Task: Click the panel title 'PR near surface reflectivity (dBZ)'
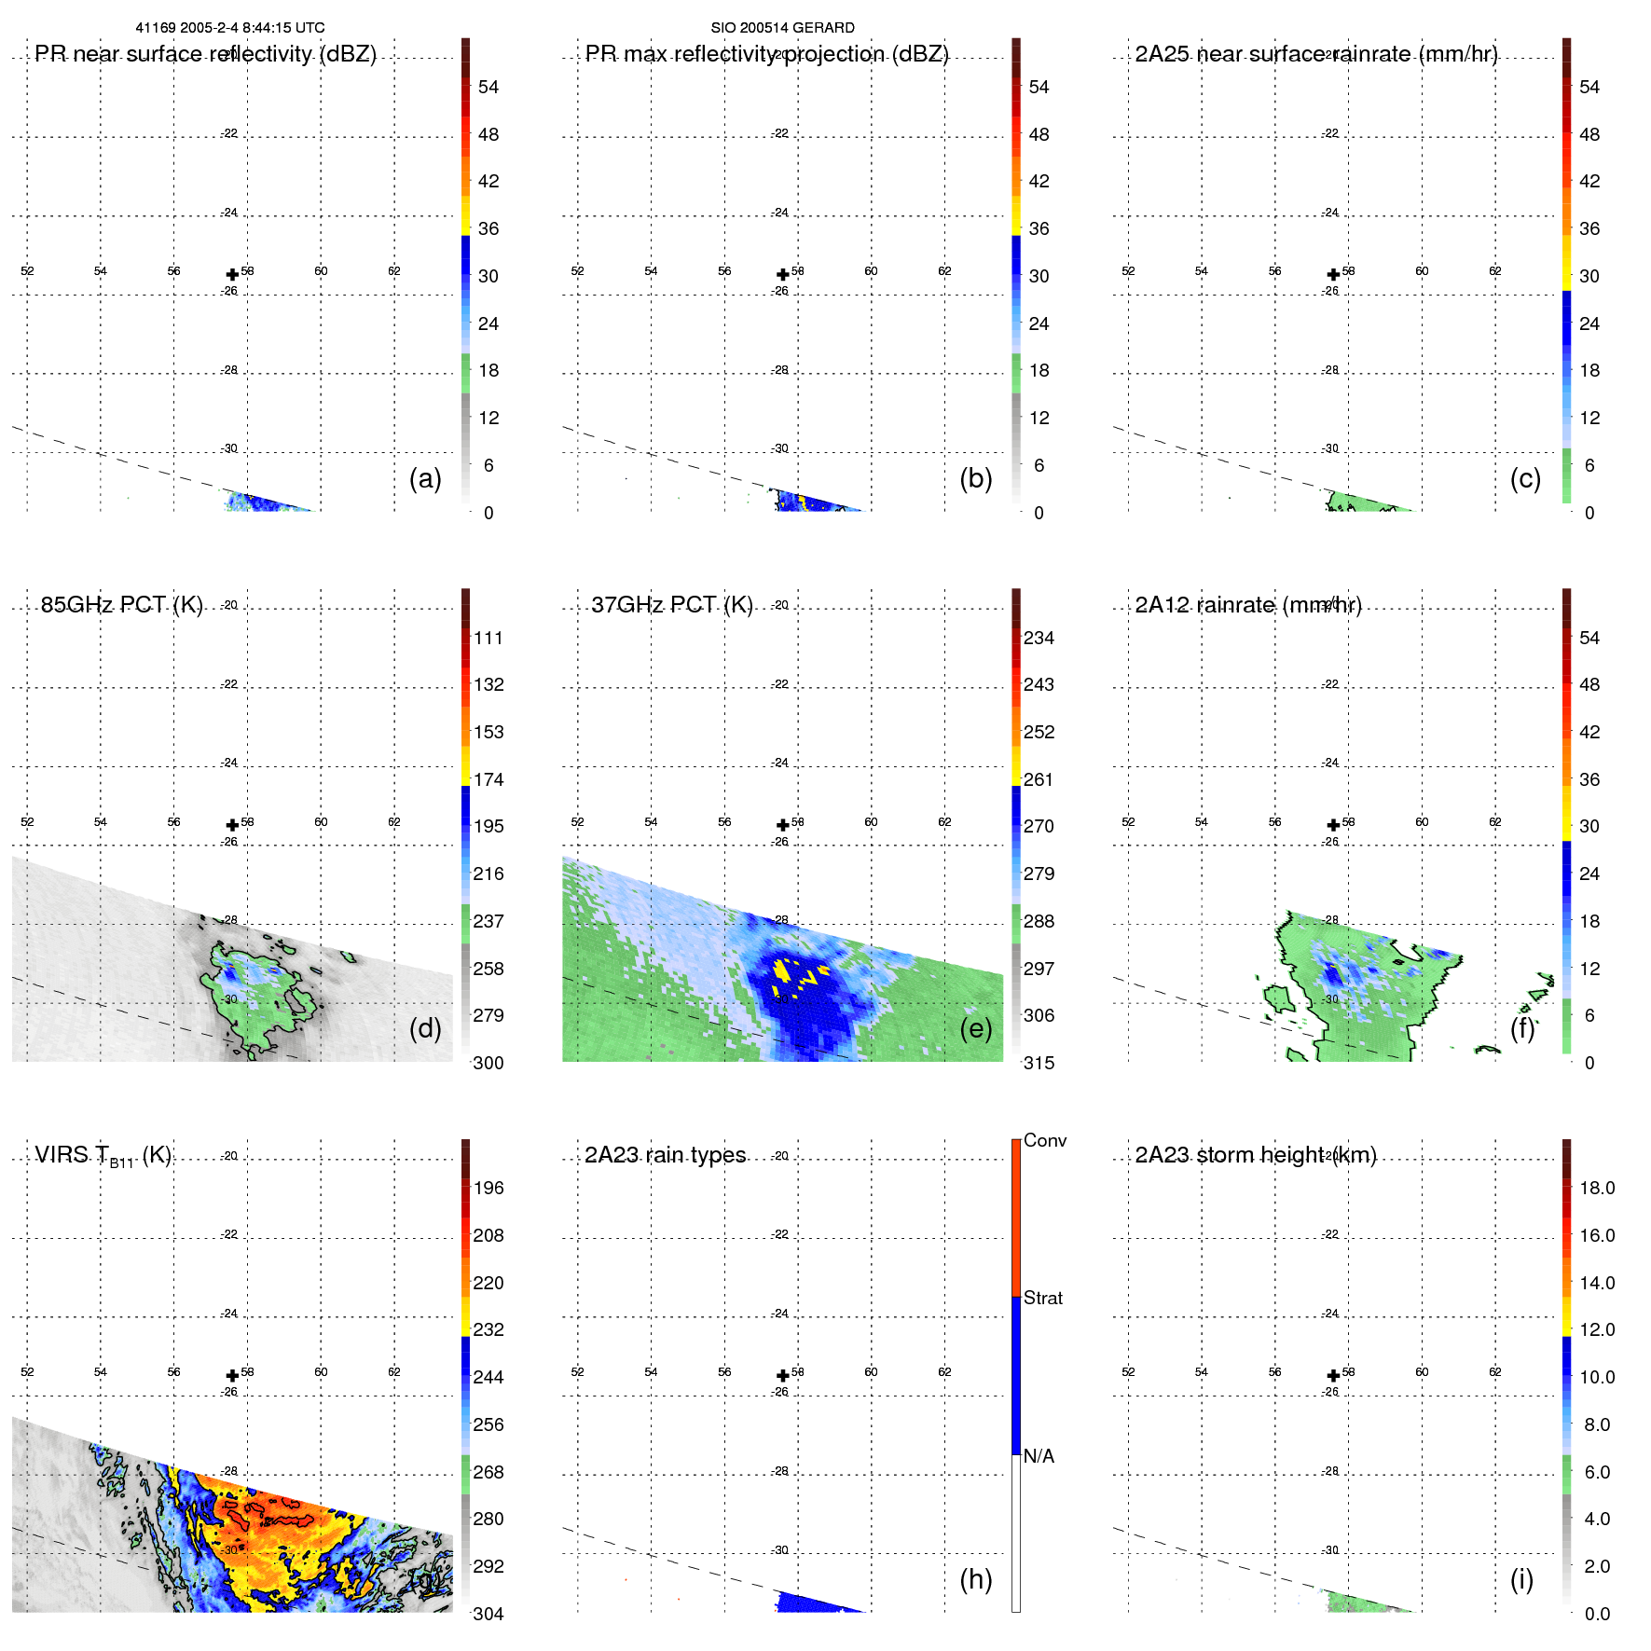[205, 54]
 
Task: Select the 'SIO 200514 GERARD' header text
[782, 28]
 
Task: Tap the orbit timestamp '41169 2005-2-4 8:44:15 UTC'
[230, 28]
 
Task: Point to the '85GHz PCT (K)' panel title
[121, 605]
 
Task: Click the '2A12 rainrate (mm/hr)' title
[1248, 605]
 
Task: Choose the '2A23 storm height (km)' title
[1256, 1155]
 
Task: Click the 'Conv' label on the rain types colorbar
[1044, 1140]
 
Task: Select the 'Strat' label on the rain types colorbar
[1042, 1298]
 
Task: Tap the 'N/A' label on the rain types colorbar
[1039, 1456]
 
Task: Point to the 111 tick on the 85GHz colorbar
[488, 638]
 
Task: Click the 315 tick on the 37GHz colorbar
[1039, 1063]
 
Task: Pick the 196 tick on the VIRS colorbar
[488, 1188]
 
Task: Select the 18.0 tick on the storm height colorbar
[1597, 1188]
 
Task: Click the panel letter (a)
[425, 478]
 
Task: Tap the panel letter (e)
[976, 1028]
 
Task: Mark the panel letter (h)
[976, 1578]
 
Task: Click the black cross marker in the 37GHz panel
[783, 825]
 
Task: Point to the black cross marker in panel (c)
[1333, 274]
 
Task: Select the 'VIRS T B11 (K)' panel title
[103, 1156]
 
